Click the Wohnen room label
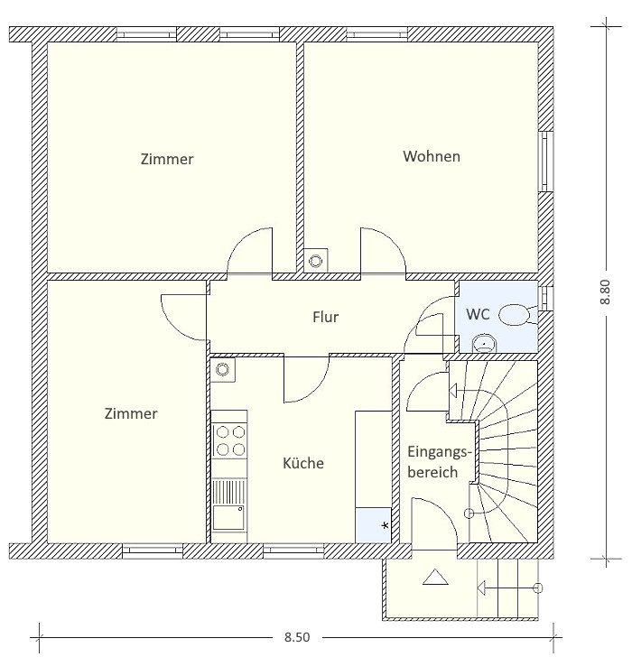pos(432,156)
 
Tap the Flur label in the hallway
pos(325,317)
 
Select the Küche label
pos(303,463)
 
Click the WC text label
pos(478,314)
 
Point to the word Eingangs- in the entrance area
pos(440,452)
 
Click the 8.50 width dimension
pos(297,637)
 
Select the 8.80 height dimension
pos(606,291)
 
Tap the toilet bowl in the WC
pos(515,314)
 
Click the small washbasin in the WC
pos(484,343)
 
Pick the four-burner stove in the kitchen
pos(230,440)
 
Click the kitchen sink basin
pos(228,518)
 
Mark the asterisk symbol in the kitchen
pos(386,525)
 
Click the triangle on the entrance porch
pos(435,577)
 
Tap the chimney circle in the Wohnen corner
pos(316,261)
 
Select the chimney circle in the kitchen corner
pos(222,370)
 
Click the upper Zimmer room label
pos(167,159)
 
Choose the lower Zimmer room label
pos(131,414)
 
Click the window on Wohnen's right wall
pos(545,162)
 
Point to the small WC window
pos(545,298)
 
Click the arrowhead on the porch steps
pos(481,588)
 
